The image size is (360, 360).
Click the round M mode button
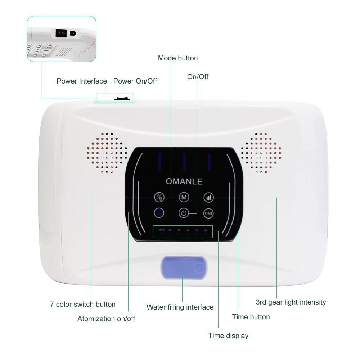point(184,197)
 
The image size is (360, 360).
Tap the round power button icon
point(184,213)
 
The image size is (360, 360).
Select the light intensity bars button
point(209,197)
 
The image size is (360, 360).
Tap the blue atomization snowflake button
point(159,213)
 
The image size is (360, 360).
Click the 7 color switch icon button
point(159,197)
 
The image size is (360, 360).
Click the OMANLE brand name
point(184,181)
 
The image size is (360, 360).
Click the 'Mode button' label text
point(178,58)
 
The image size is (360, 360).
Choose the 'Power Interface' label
point(82,81)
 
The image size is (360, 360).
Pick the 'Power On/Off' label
point(135,81)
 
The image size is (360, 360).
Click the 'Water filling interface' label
point(180,307)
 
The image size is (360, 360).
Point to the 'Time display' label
point(228,336)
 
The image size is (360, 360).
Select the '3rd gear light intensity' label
point(291,302)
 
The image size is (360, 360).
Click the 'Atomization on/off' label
point(106,319)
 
